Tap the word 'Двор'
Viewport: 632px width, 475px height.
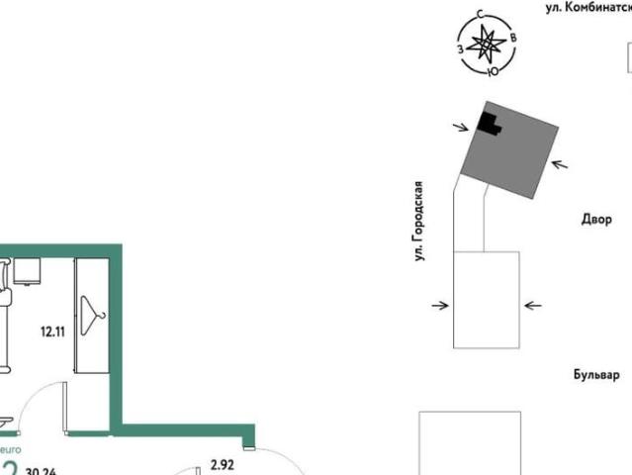(x=596, y=220)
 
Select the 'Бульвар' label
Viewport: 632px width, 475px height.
(x=596, y=375)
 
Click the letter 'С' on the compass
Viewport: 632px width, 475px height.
(x=480, y=15)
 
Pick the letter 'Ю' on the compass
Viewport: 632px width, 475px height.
(x=493, y=70)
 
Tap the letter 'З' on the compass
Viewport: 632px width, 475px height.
(x=460, y=48)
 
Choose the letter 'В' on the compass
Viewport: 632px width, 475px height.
(x=514, y=38)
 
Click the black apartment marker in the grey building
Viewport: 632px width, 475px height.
(x=489, y=123)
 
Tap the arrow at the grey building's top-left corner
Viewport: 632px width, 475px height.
(x=461, y=126)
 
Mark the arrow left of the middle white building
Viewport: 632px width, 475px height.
(x=440, y=306)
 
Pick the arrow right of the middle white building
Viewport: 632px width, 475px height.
(x=532, y=306)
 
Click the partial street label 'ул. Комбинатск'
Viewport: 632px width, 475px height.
(x=588, y=7)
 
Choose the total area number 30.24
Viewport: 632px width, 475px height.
(x=41, y=471)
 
